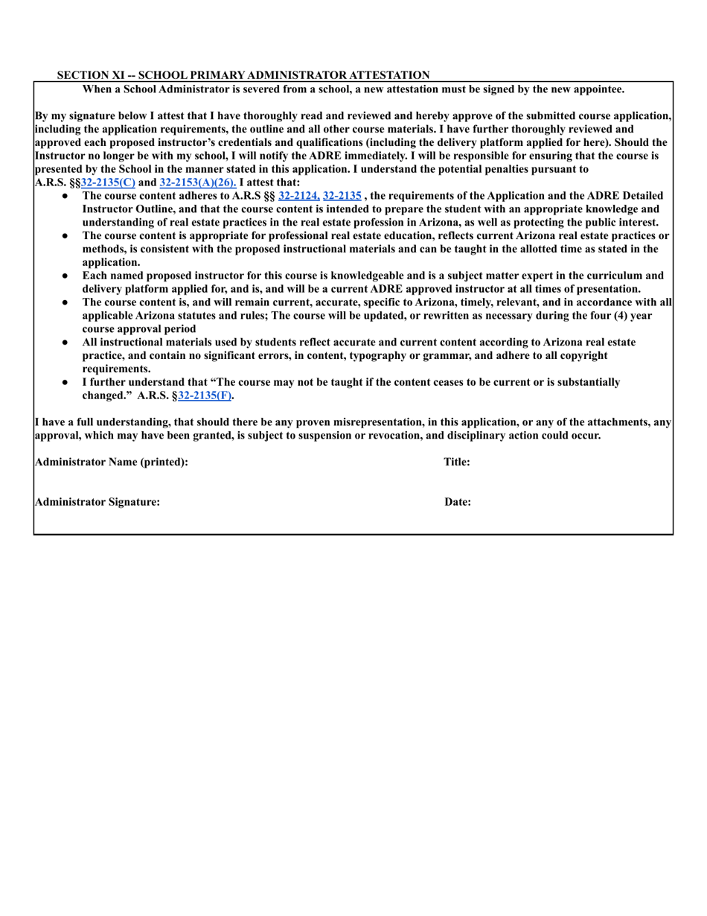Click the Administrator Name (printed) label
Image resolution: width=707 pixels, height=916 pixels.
click(111, 462)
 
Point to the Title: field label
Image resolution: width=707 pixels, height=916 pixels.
click(456, 462)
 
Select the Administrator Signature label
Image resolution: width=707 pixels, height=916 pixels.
click(97, 502)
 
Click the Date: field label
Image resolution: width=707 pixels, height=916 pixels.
click(458, 502)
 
